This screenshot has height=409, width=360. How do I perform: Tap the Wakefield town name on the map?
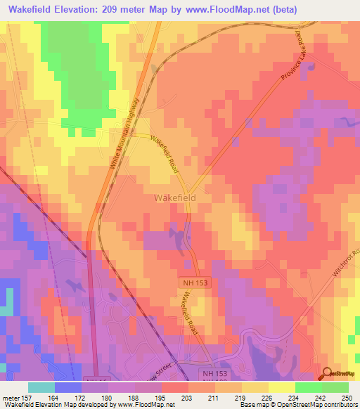[174, 198]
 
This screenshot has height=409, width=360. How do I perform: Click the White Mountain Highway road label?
[127, 140]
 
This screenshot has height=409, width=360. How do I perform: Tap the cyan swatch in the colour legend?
[41, 387]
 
